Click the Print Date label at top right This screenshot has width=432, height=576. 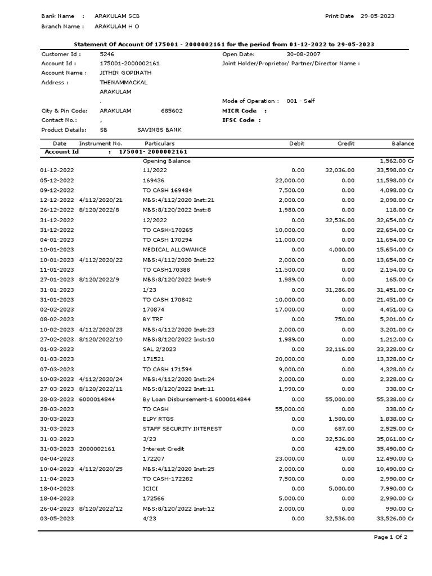(x=339, y=16)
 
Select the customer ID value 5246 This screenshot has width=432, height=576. (x=106, y=55)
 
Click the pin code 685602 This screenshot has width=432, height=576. (x=172, y=111)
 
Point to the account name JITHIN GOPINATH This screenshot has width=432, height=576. (x=125, y=73)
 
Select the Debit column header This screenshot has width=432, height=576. (x=296, y=143)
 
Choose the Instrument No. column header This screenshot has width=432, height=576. (x=100, y=143)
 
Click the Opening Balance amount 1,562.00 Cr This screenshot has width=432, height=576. (x=397, y=161)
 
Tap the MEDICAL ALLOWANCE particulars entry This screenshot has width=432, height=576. (x=174, y=249)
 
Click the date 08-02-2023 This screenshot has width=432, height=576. (x=57, y=319)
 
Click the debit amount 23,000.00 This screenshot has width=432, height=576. (x=290, y=458)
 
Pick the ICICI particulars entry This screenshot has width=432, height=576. (x=150, y=488)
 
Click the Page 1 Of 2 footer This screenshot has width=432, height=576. (x=390, y=537)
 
